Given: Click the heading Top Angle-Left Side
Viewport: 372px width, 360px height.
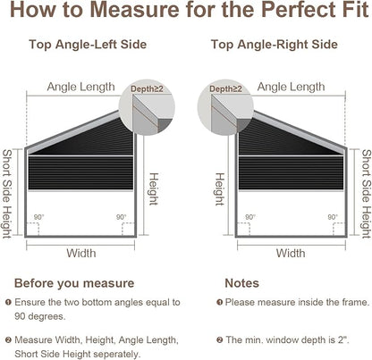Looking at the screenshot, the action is (x=88, y=45).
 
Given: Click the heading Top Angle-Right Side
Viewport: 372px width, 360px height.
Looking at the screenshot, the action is (x=275, y=45).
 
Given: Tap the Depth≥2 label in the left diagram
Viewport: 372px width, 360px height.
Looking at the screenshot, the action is (x=147, y=88).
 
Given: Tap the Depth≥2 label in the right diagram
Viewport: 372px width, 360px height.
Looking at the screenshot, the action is (x=225, y=88).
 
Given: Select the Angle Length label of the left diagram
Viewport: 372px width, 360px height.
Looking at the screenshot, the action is (x=80, y=87).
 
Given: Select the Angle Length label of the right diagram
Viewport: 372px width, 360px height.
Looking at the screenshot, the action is (x=291, y=87).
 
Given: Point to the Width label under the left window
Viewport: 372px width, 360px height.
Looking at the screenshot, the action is (x=81, y=254).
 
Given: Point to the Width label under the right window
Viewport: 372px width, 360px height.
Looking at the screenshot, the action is (x=291, y=254).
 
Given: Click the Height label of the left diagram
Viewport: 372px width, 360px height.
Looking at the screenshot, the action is (x=153, y=189).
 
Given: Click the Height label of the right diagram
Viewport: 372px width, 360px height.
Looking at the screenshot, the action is (x=219, y=189).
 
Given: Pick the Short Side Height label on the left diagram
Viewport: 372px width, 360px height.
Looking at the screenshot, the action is (x=7, y=194).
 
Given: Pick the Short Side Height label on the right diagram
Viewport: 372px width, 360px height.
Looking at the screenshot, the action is (x=367, y=194).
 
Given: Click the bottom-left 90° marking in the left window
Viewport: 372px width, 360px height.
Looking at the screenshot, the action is (x=38, y=217).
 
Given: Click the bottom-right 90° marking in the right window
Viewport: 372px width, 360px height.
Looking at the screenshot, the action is (x=333, y=217).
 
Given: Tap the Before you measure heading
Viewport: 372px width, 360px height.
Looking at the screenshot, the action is (x=74, y=283).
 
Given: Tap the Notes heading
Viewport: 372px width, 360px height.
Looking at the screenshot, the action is (x=241, y=283).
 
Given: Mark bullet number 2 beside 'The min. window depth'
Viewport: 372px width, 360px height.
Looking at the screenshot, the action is (x=219, y=339).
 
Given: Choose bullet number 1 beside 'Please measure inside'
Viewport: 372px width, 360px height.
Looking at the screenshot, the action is (x=219, y=303).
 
